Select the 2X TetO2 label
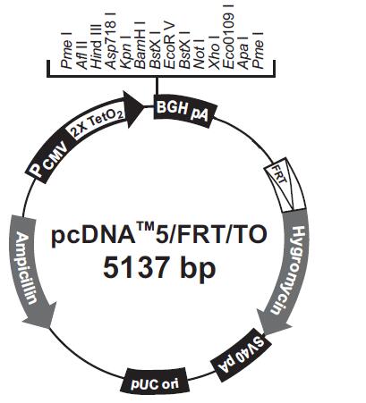click(98, 124)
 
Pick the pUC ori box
click(155, 383)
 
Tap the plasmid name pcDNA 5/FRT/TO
click(159, 235)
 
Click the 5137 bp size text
click(159, 267)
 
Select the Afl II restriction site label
click(82, 55)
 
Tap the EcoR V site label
click(169, 46)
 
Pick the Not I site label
click(199, 54)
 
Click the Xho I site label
click(213, 53)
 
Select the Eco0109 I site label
click(228, 37)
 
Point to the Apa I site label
click(243, 53)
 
